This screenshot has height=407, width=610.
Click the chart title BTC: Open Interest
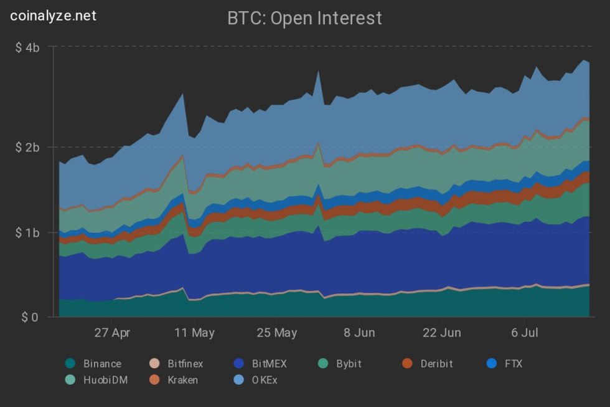pos(305,19)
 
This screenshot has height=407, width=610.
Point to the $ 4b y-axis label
pos(28,47)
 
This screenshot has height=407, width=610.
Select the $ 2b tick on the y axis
pos(28,147)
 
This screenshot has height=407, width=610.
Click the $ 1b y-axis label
pos(28,232)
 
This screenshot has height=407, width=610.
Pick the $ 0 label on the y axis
pos(30,317)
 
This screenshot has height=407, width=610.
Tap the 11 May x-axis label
pos(194,333)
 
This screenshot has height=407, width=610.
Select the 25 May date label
pos(276,333)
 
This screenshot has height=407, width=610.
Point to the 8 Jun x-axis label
pos(359,333)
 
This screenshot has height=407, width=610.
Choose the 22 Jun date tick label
pos(441,333)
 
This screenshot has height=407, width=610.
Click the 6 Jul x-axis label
pos(524,333)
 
